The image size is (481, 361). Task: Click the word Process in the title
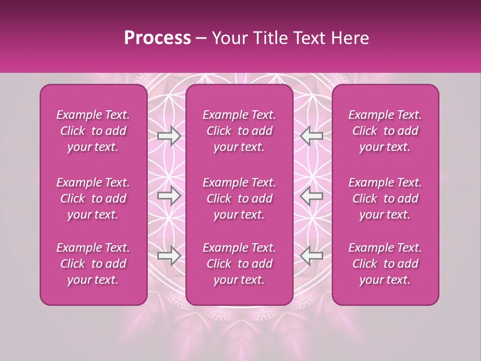[x=157, y=38]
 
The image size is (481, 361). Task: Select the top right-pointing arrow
[x=169, y=135]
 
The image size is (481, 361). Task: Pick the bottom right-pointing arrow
[x=169, y=256]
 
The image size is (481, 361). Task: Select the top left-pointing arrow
[x=312, y=135]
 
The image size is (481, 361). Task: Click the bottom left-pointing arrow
[x=312, y=256]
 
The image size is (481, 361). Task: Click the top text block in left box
[x=93, y=131]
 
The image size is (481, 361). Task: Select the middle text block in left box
[x=93, y=199]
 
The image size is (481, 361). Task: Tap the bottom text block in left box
[x=93, y=264]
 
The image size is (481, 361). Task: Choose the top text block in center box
[x=239, y=131]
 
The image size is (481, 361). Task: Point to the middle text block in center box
[x=239, y=199]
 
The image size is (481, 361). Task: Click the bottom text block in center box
[x=239, y=264]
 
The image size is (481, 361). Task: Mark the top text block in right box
[x=385, y=131]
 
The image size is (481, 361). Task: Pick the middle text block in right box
[x=385, y=199]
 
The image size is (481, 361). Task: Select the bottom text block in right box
[x=385, y=264]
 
